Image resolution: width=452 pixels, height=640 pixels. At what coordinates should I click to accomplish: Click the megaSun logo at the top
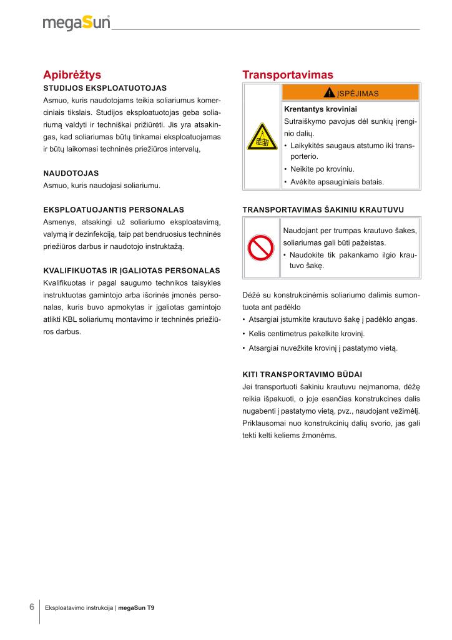tap(76, 23)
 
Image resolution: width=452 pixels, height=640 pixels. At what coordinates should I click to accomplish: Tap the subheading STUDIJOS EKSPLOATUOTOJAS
tap(105, 88)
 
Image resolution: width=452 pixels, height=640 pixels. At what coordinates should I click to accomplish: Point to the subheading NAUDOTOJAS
tap(71, 172)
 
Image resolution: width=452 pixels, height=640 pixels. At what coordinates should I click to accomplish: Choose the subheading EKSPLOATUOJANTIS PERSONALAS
tap(114, 209)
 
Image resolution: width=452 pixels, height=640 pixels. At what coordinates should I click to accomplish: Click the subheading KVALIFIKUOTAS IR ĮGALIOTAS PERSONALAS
tap(131, 271)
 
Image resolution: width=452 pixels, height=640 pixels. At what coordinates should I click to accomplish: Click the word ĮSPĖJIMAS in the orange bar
tap(358, 94)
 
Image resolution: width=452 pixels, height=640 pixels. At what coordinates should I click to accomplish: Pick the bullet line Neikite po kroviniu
tap(322, 169)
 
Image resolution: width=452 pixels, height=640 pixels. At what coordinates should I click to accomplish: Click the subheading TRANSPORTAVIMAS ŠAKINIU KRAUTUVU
tap(323, 209)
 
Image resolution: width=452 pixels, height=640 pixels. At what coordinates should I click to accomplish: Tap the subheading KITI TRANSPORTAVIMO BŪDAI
tap(302, 374)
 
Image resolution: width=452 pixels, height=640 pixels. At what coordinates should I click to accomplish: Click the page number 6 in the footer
tap(31, 607)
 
